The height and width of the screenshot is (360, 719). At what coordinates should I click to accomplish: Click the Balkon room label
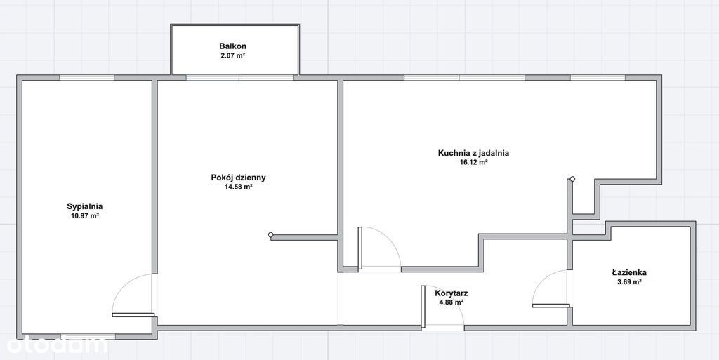pos(233,46)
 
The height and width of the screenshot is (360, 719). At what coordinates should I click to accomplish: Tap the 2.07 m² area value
pos(233,56)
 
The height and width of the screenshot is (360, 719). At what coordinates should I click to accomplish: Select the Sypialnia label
pos(84,206)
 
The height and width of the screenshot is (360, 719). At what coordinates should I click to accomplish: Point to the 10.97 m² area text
pos(84,215)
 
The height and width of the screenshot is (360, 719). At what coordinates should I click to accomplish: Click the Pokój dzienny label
pos(239,178)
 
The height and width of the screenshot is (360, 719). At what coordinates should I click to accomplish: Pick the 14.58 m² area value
pos(239,187)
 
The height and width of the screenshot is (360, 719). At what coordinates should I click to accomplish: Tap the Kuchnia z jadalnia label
pos(474,154)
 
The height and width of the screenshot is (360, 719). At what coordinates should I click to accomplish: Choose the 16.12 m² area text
pos(474,163)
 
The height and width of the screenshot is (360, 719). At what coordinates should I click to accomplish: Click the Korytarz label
pos(451,293)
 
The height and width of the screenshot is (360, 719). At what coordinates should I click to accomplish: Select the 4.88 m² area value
pos(451,302)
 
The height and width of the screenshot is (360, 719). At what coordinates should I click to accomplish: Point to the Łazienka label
pos(629,272)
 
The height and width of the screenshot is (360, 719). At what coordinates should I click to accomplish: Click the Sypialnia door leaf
pos(133,314)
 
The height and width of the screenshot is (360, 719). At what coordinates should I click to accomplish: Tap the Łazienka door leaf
pos(550,305)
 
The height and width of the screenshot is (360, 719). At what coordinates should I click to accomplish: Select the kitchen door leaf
pos(360,248)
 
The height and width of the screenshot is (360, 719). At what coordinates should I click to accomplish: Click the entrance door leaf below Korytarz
pos(423,307)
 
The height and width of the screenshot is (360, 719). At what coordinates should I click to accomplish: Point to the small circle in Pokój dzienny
pos(270,235)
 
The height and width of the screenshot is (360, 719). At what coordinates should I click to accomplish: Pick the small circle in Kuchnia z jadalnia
pos(572,179)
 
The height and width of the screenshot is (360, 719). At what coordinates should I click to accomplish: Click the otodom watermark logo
pos(58,345)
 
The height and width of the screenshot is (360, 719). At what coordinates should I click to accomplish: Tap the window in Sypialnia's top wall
pos(87,77)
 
